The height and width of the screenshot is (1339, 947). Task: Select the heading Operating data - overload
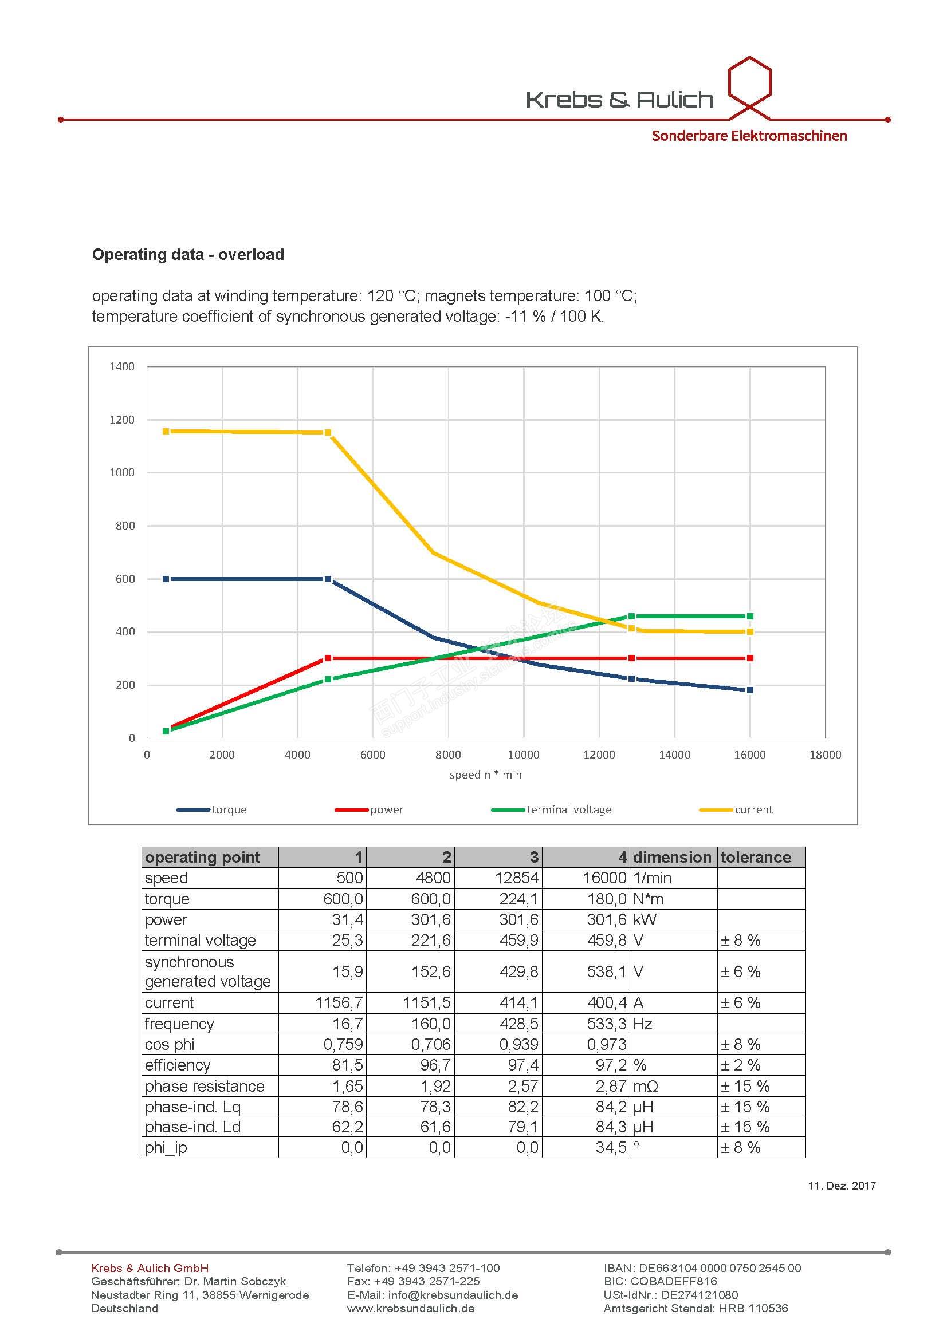pos(188,255)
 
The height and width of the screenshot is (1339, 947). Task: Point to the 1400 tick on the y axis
pos(122,366)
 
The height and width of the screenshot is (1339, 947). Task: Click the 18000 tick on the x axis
pos(825,755)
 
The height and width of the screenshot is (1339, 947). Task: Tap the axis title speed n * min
pos(485,775)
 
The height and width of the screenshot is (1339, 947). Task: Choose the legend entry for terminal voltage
pos(569,809)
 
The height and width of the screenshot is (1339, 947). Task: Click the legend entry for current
pos(753,809)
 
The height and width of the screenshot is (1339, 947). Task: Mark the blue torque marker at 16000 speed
pos(750,690)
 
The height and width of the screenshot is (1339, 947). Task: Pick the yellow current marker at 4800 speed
pos(327,433)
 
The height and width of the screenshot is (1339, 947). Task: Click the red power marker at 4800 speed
pos(327,658)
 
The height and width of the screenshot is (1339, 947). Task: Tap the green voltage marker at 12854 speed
pos(631,617)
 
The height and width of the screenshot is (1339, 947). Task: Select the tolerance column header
pos(756,858)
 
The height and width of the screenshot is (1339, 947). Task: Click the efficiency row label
pos(178,1065)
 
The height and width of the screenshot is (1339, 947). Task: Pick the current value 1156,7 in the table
pos(339,1003)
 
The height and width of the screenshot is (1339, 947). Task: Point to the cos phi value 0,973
pos(607,1045)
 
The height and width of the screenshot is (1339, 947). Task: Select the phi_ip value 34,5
pos(611,1148)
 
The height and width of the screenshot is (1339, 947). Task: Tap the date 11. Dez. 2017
pos(842,1185)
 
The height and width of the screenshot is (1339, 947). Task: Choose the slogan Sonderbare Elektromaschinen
pos(749,136)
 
